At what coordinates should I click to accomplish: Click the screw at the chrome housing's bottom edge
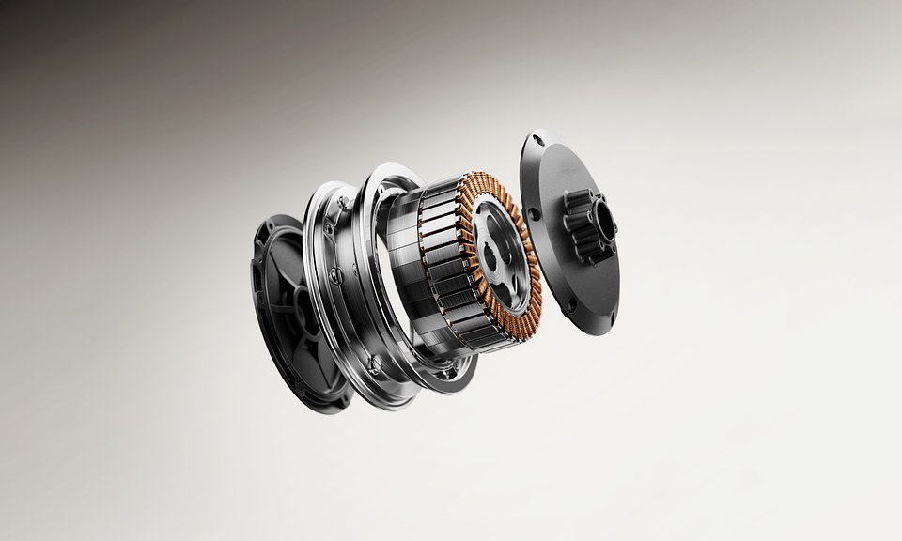point(374,361)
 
